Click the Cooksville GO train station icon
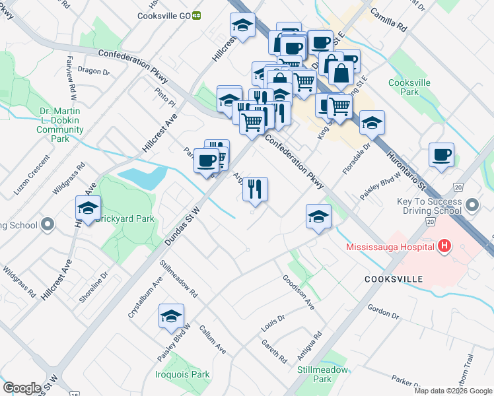pos(196,16)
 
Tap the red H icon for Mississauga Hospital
pos(444,247)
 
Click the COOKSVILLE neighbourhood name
pos(394,280)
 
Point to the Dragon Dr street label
pos(93,71)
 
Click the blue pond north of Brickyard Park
pos(142,177)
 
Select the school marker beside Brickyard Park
pos(88,207)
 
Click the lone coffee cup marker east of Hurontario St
pos(441,154)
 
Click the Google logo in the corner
pos(22,388)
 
